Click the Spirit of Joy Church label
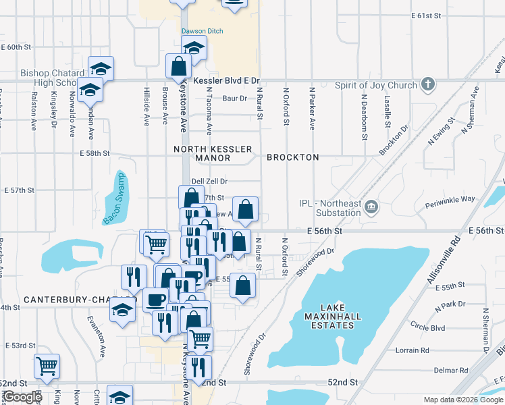click(375, 85)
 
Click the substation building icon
click(371, 207)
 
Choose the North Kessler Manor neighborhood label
click(213, 153)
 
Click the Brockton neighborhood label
click(292, 157)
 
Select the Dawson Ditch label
click(201, 31)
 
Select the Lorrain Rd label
click(413, 350)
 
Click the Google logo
click(22, 397)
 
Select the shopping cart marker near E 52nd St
click(47, 367)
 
